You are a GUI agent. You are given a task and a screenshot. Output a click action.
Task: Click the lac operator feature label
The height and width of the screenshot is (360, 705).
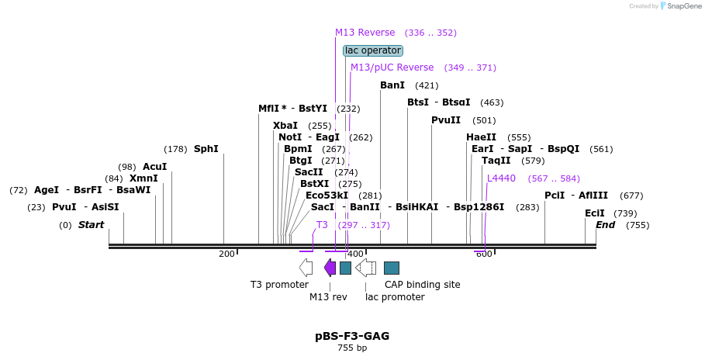point(373,50)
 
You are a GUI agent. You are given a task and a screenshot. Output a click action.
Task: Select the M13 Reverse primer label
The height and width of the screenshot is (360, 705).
point(365,33)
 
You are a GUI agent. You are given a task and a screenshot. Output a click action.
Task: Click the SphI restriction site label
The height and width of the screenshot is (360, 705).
point(206,149)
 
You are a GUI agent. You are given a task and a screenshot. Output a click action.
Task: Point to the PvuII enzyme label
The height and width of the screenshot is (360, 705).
point(446,120)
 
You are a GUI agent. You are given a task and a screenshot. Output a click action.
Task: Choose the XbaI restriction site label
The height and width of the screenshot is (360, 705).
point(285,126)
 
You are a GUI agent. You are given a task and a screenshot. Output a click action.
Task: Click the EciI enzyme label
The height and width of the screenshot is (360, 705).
point(595,213)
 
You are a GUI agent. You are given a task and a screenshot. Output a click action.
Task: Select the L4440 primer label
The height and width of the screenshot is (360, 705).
point(501,178)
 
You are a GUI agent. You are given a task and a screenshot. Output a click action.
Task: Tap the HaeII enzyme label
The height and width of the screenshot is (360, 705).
point(482,137)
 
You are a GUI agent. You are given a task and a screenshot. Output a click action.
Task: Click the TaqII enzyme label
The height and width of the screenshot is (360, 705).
point(496,161)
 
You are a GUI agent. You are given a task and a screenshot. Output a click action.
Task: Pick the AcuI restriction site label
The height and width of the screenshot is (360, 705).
point(154,167)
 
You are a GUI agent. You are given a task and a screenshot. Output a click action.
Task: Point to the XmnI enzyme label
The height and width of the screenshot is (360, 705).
point(143,178)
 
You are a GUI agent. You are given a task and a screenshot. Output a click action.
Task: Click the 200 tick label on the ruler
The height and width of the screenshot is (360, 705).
point(226,254)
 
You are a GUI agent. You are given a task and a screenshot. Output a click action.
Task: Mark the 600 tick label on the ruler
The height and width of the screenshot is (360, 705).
point(483,254)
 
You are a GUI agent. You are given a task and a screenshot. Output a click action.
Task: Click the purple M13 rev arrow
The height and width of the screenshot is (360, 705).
point(330,268)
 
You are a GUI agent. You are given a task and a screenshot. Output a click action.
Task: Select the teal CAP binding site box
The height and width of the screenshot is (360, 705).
point(392,268)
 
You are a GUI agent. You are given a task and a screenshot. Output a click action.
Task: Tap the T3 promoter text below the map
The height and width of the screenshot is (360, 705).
point(279,285)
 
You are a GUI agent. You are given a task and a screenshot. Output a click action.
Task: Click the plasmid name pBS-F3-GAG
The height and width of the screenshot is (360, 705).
point(352,336)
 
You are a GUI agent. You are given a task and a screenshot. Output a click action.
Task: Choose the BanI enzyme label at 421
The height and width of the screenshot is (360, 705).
point(392,85)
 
